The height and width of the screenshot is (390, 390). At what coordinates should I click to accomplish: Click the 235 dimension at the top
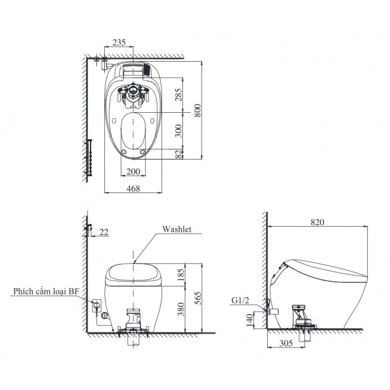tap(119, 43)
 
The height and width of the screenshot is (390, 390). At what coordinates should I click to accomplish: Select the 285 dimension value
tap(178, 94)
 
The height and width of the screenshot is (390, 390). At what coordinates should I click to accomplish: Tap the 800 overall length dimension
tap(197, 111)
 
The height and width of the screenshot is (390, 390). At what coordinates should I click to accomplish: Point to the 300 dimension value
tap(178, 131)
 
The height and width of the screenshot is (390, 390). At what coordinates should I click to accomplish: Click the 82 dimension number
tap(179, 154)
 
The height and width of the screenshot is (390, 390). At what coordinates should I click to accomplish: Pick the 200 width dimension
tap(133, 171)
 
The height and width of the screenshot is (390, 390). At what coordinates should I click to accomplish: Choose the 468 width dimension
tap(133, 188)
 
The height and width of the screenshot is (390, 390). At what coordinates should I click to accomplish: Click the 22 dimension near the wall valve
tap(104, 232)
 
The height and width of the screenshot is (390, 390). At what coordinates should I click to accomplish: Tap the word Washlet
tap(177, 229)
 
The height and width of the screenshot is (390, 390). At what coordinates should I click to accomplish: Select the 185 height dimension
tap(181, 275)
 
